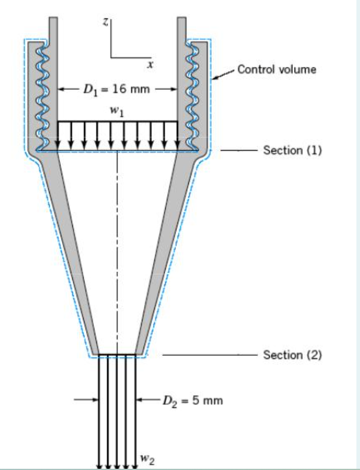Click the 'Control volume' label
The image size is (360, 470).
pyautogui.click(x=276, y=69)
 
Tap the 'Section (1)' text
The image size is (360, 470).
pyautogui.click(x=292, y=150)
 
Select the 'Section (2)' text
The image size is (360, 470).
pyautogui.click(x=292, y=355)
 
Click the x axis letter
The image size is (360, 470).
pyautogui.click(x=151, y=63)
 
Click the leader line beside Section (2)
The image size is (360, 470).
pyautogui.click(x=209, y=355)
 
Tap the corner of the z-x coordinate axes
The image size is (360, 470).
pyautogui.click(x=111, y=57)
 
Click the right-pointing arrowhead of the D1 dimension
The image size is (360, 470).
pyautogui.click(x=173, y=90)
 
